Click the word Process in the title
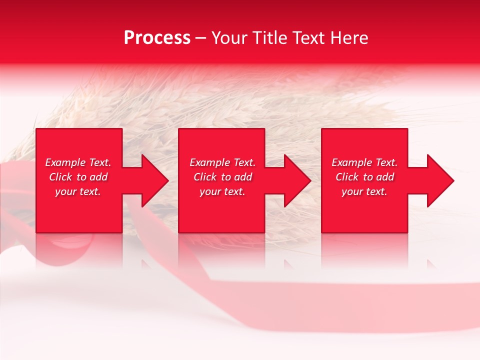(157, 38)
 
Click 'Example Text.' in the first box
(78, 162)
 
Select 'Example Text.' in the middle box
(222, 162)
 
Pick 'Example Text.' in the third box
(364, 162)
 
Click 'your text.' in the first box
(78, 191)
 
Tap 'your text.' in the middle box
(222, 191)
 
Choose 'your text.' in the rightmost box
(364, 191)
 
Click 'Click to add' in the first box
(78, 177)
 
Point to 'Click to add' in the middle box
(222, 177)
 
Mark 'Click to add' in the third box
(364, 177)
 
